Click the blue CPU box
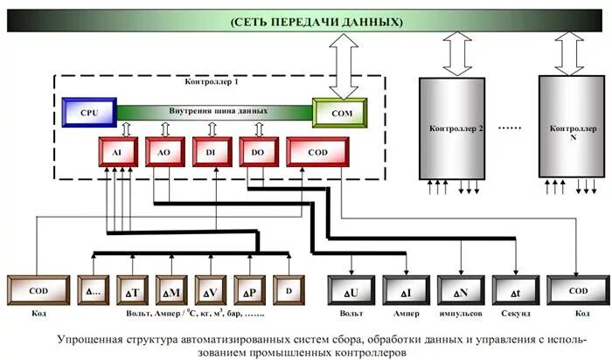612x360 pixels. coord(89,114)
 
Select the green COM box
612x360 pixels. coord(339,114)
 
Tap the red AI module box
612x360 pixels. coord(117,151)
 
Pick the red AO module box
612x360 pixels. coord(163,151)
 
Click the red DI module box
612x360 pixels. coord(211,151)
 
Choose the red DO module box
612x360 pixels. coord(258,151)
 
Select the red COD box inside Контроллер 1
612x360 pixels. coord(317,151)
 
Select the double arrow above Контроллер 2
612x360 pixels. coord(456,55)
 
